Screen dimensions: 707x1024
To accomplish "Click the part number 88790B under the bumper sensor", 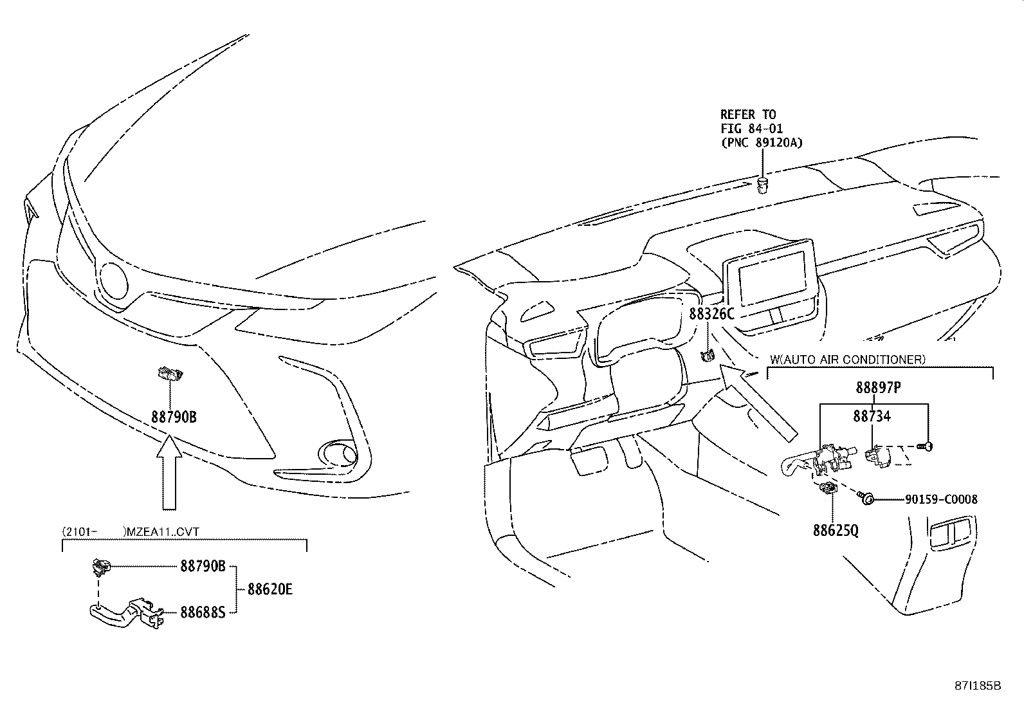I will click(x=174, y=417).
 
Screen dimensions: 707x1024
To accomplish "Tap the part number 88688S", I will click(x=203, y=612).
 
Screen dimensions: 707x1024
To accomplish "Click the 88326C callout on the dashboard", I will click(x=711, y=314).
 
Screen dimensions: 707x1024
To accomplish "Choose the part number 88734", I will click(x=872, y=416).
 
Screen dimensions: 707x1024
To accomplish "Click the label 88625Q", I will click(x=836, y=530).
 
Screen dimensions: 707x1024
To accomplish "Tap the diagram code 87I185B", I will click(x=978, y=686).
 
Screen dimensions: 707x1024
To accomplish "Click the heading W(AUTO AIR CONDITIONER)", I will click(x=847, y=360).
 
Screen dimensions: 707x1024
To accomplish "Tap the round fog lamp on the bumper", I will click(x=340, y=454).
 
